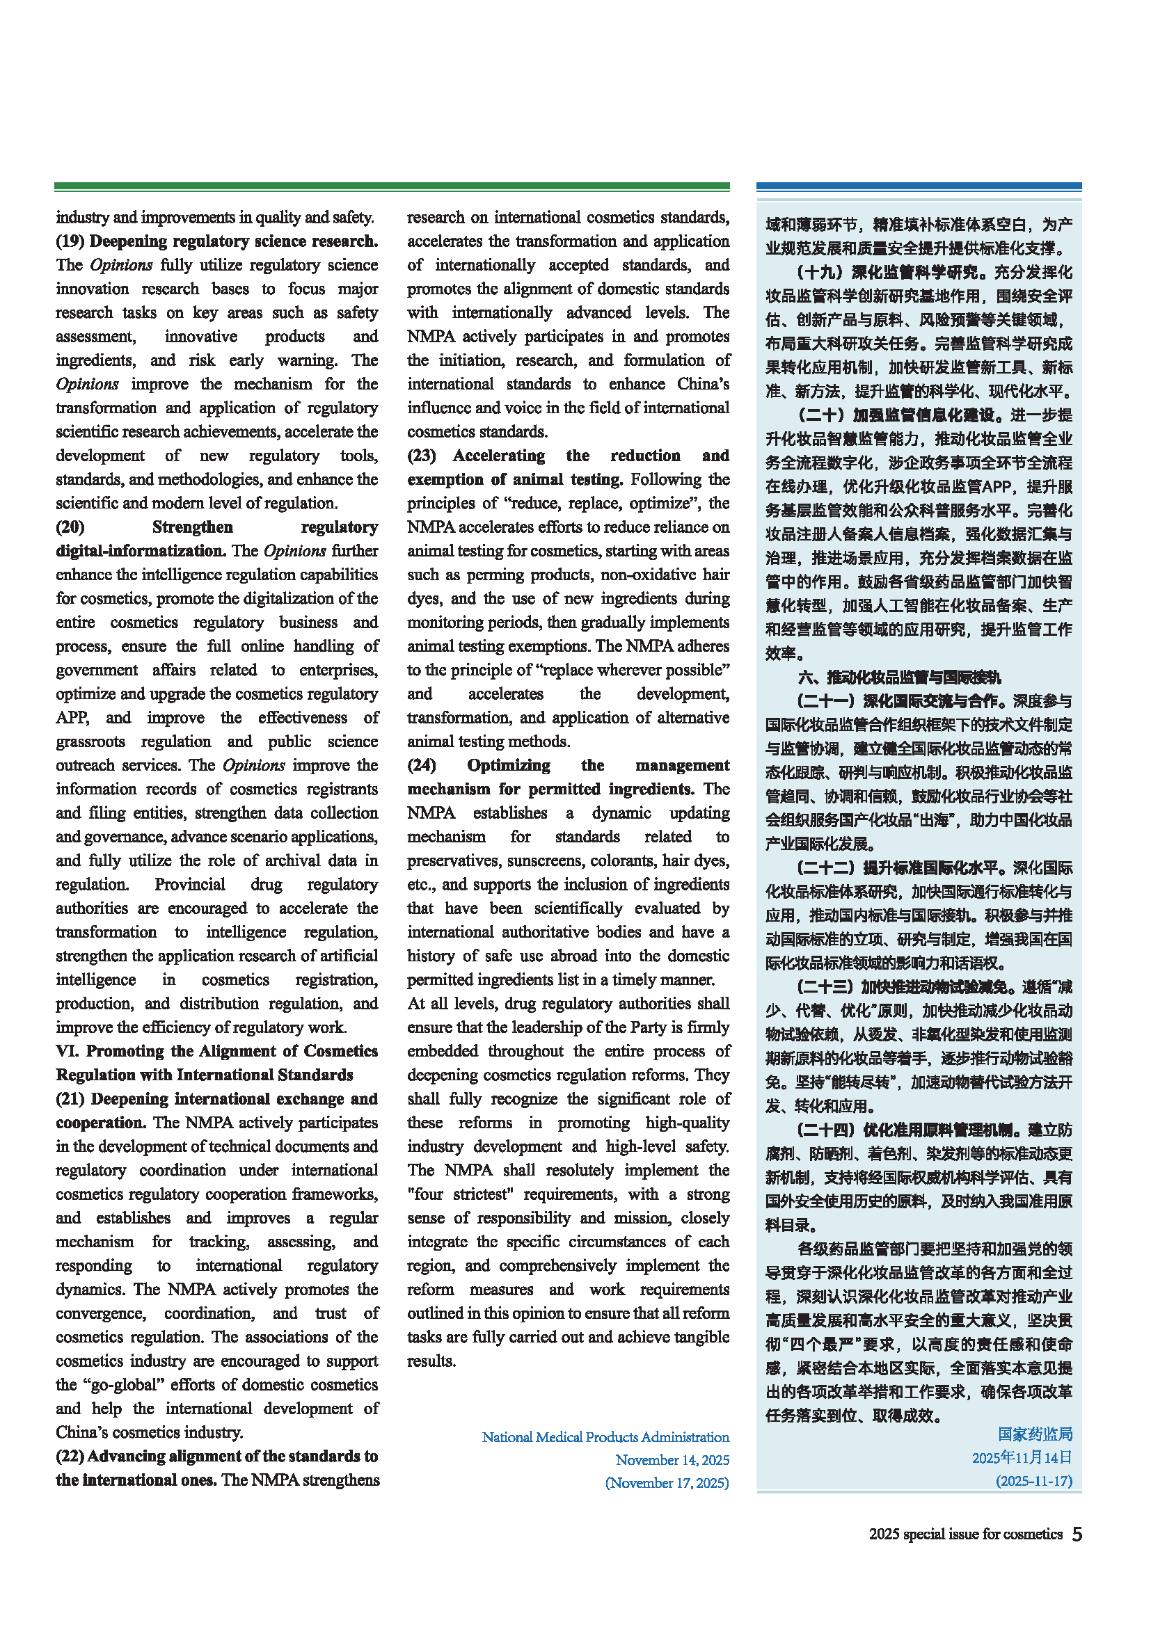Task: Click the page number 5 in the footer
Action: (1077, 1534)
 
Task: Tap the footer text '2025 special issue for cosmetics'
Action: (965, 1534)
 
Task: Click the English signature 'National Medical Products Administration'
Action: (605, 1437)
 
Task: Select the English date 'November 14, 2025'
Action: (672, 1460)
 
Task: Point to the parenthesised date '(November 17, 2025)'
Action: (667, 1482)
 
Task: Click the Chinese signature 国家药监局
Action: (1035, 1434)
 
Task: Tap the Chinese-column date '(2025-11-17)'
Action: (1034, 1480)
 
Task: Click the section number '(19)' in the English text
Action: (70, 241)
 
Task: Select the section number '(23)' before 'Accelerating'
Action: (422, 455)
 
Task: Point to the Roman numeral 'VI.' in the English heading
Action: (68, 1051)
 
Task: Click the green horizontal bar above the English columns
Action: (392, 186)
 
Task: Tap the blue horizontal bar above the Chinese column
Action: (919, 186)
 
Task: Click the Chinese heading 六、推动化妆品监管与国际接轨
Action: (899, 677)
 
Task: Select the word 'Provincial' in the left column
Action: (190, 884)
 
